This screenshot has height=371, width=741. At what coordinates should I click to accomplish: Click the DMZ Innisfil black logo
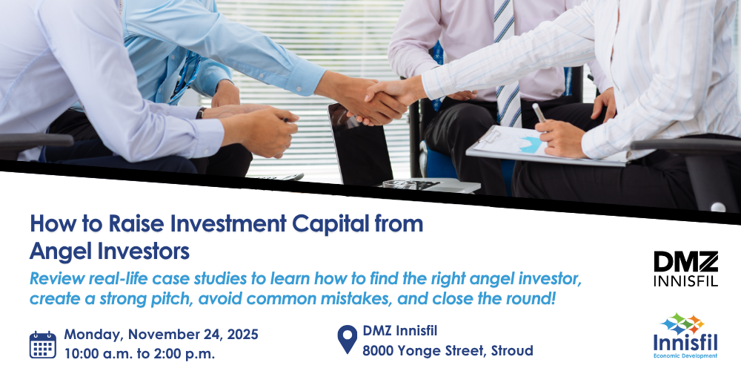coord(685,269)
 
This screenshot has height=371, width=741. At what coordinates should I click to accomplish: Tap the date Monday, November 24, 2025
coord(161,334)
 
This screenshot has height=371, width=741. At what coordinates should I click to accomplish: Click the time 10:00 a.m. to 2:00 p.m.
coord(139,352)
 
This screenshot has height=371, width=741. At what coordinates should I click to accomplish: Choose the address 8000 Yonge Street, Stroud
coord(448,351)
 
